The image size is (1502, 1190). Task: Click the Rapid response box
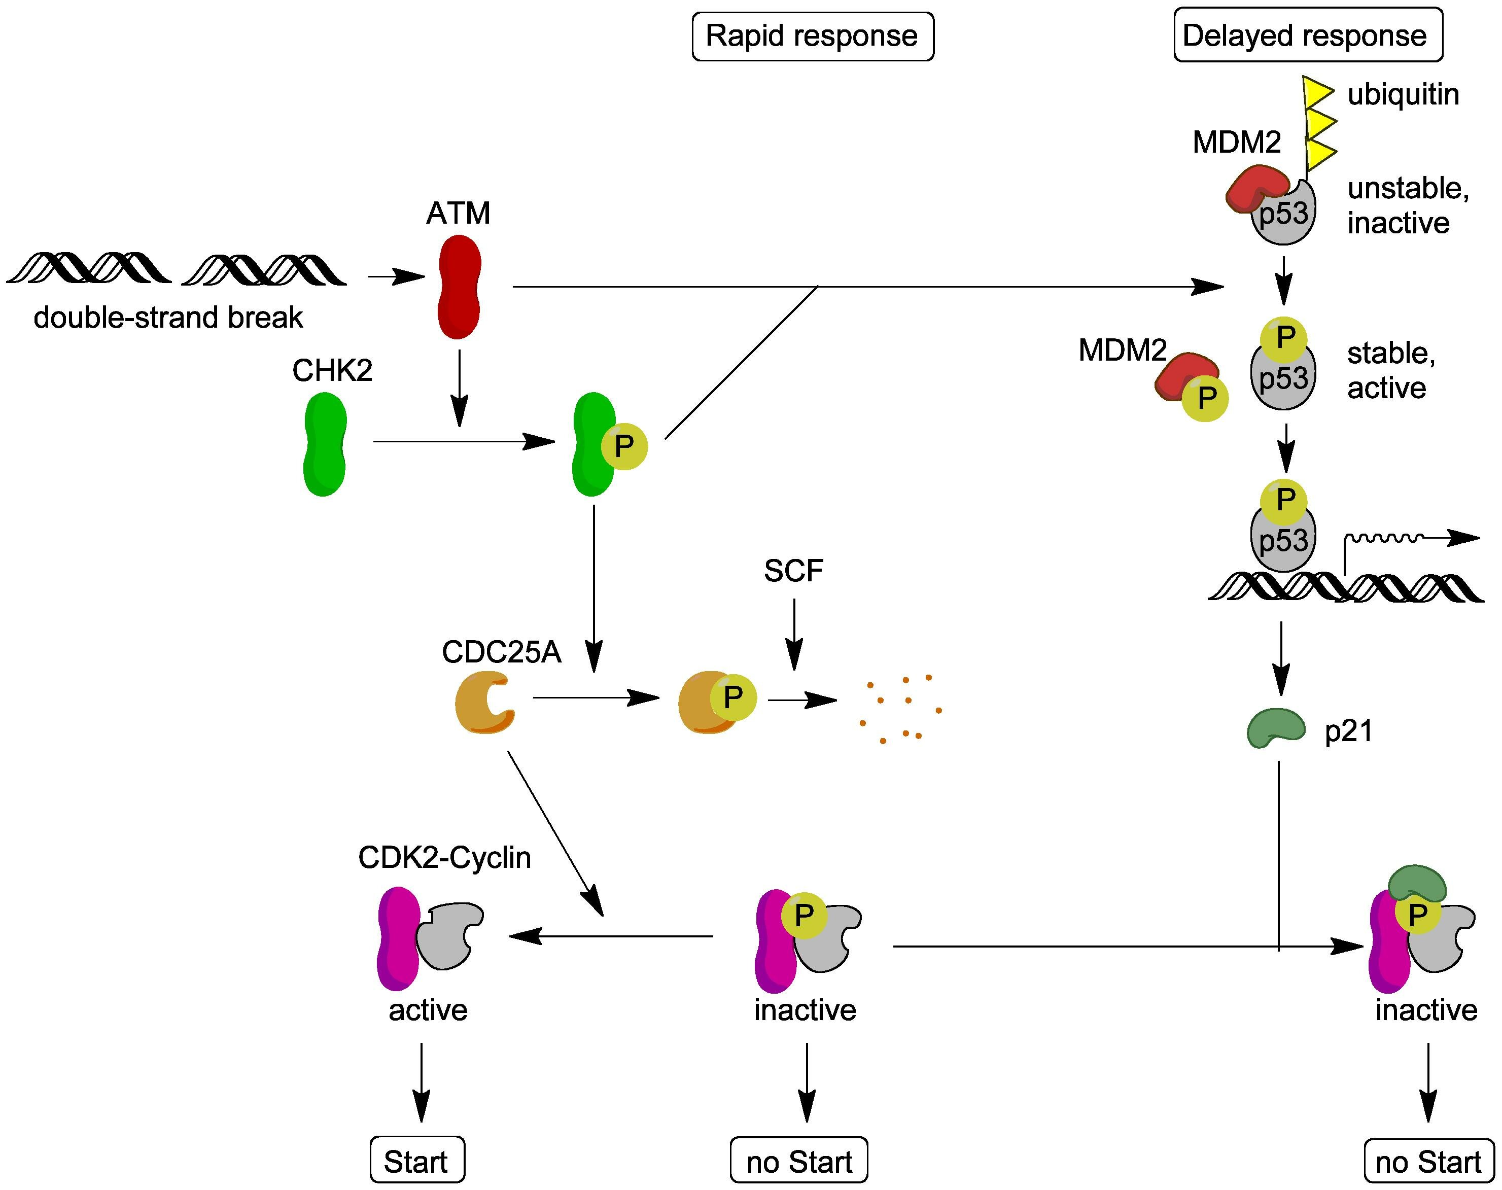(812, 36)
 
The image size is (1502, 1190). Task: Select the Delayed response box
(1308, 36)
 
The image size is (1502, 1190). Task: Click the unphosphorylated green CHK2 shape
(325, 444)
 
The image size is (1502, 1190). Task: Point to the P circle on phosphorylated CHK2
(624, 446)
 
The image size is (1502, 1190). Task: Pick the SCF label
(793, 571)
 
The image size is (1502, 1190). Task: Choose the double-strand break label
(168, 318)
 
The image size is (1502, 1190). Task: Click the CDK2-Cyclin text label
(444, 858)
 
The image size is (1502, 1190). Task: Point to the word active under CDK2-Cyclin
(428, 1009)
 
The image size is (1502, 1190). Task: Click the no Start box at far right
(1428, 1162)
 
